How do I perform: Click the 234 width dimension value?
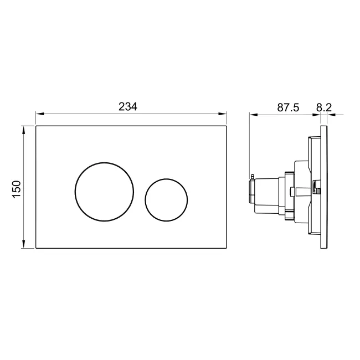pyautogui.click(x=128, y=107)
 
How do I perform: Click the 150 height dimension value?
pyautogui.click(x=17, y=188)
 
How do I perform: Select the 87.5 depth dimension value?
pyautogui.click(x=287, y=107)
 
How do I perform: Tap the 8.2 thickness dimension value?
pyautogui.click(x=323, y=107)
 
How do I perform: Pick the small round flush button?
pyautogui.click(x=166, y=199)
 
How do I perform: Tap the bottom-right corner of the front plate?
pyautogui.click(x=228, y=250)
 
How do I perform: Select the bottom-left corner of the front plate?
pyautogui.click(x=36, y=250)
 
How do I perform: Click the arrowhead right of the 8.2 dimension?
pyautogui.click(x=332, y=115)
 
